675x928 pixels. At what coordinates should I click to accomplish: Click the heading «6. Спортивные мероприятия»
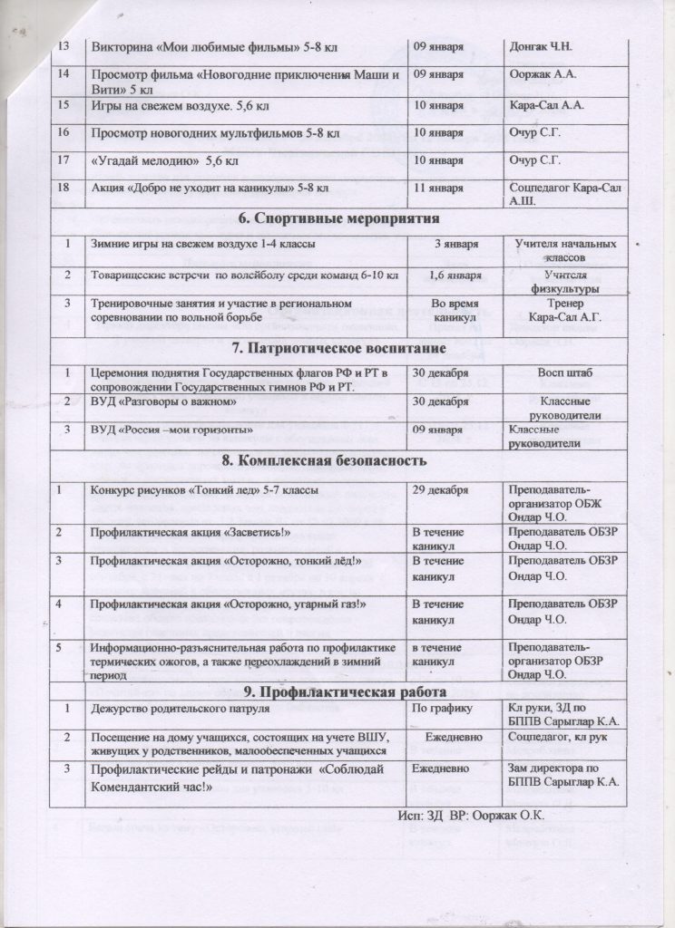coord(337,219)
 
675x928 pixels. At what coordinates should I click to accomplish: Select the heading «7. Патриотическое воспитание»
coord(337,349)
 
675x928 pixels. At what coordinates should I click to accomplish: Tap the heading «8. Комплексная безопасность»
coord(337,460)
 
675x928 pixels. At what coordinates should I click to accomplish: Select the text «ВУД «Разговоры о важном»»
coord(162,400)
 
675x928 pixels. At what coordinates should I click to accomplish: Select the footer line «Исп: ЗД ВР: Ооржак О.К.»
coord(471,814)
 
